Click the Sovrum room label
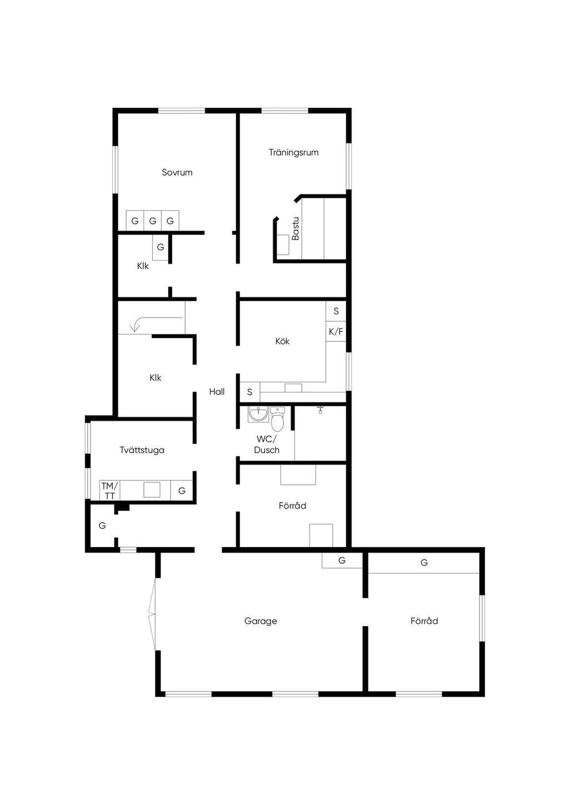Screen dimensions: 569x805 177,172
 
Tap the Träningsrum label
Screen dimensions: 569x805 293,152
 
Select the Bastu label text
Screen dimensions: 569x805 295,228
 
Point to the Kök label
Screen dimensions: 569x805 282,341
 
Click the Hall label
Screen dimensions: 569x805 217,392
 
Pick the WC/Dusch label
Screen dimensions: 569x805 267,445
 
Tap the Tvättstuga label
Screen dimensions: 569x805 142,450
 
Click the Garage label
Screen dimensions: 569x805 261,621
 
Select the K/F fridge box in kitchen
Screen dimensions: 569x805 336,331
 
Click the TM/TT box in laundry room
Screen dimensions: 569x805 109,490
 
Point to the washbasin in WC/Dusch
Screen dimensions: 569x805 258,414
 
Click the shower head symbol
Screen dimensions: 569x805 320,409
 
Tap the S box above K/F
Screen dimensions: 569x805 336,311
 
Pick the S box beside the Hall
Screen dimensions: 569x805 249,392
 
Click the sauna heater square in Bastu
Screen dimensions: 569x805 283,245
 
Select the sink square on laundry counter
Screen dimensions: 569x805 152,489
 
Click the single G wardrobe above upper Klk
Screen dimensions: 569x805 160,247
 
